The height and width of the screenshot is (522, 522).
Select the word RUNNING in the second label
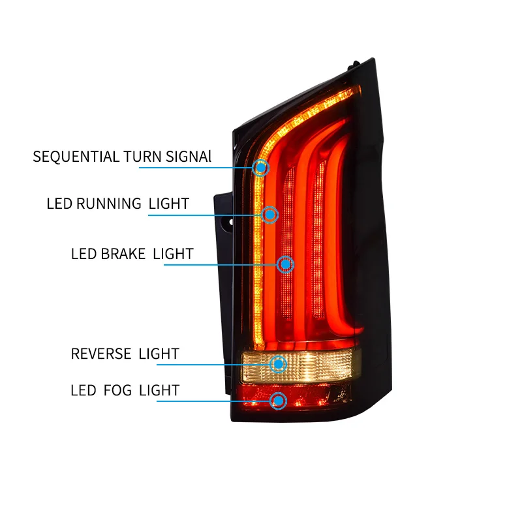pos(109,204)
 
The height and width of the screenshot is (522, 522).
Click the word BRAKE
pos(123,253)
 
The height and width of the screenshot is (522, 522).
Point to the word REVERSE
pos(101,354)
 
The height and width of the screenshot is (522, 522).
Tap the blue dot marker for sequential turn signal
pos(261,168)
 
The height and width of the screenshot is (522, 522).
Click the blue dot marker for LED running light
pos(270,214)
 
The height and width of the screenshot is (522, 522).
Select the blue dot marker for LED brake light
pos(285,264)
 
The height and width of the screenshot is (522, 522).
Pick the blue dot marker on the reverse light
pos(279,364)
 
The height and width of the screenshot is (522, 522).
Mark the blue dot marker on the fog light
pos(279,401)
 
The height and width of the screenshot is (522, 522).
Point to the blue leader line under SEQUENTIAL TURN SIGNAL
pos(196,168)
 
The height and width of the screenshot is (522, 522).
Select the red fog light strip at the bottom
pos(313,395)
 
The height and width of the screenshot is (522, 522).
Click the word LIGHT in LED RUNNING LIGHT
pos(169,204)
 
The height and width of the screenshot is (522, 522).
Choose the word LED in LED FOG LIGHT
pos(83,391)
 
